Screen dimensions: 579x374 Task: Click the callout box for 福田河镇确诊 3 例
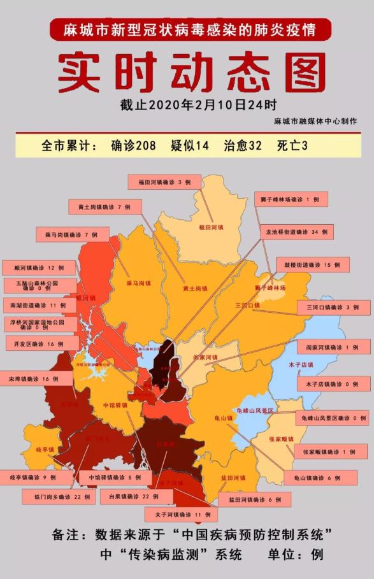pos(164,182)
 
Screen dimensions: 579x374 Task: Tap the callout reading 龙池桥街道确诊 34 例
pos(296,232)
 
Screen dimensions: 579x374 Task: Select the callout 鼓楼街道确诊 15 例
pos(312,264)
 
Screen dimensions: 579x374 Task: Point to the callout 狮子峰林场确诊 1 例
pos(291,199)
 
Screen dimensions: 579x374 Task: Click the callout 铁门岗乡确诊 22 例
pos(59,496)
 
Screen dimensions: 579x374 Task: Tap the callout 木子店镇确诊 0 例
pos(333,384)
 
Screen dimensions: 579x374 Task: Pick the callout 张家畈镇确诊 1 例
pos(330,452)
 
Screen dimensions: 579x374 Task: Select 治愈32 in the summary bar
pos(242,145)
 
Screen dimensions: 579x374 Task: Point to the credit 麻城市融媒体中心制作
pos(315,121)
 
